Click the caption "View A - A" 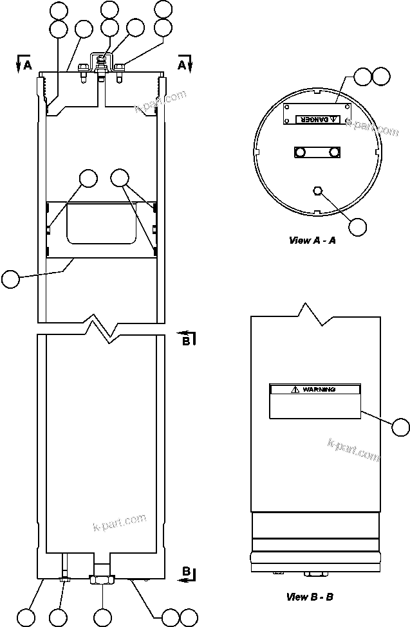tap(312, 241)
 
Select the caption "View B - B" tap(310, 597)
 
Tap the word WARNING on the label tap(319, 390)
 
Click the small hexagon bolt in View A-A tap(317, 190)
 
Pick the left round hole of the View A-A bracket tap(299, 152)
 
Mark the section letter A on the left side tap(27, 65)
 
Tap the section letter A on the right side tap(182, 65)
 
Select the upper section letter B tap(185, 341)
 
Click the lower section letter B tap(185, 572)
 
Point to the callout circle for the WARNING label tap(401, 426)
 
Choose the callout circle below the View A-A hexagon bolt tap(357, 226)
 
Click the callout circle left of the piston tap(10, 278)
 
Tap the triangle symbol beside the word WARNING tap(294, 390)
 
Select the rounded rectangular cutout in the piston tap(101, 223)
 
